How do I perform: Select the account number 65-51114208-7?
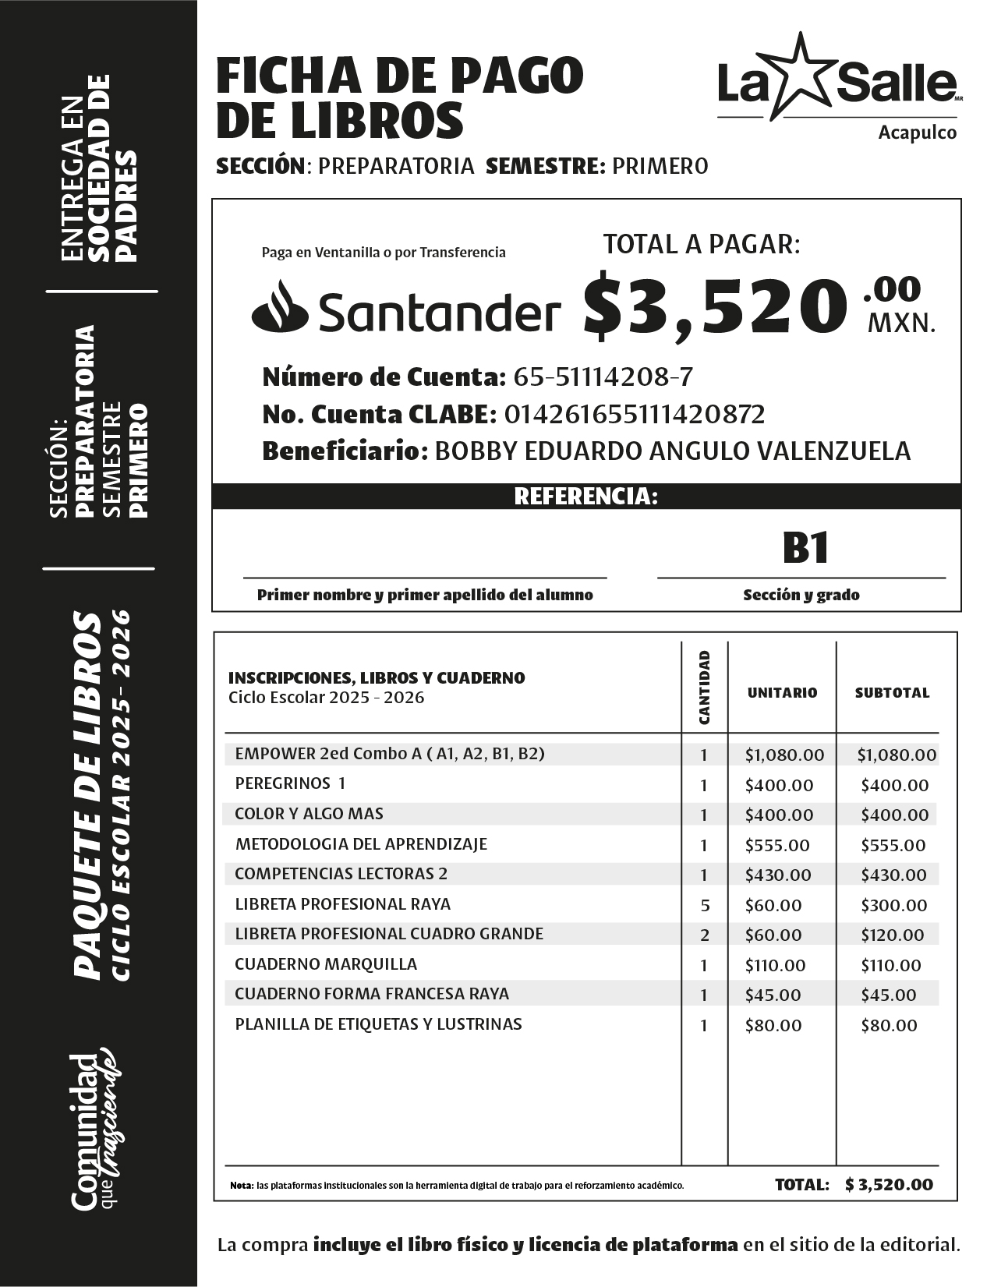click(x=603, y=377)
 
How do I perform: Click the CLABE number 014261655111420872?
click(x=635, y=414)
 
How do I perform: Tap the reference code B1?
click(x=805, y=548)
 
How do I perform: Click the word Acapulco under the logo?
click(x=917, y=133)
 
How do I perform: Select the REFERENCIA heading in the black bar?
click(x=585, y=497)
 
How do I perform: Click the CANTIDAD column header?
click(x=705, y=687)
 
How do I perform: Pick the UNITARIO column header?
click(x=782, y=692)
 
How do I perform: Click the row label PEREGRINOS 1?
click(x=290, y=783)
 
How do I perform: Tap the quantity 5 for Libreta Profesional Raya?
click(x=704, y=906)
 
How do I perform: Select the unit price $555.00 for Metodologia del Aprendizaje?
click(x=777, y=845)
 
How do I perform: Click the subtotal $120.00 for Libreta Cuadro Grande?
click(x=892, y=935)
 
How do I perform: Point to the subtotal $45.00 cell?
click(x=888, y=995)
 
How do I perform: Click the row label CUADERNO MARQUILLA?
click(x=326, y=964)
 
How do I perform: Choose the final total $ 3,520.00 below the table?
click(x=889, y=1185)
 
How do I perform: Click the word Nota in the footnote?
click(x=241, y=1186)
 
